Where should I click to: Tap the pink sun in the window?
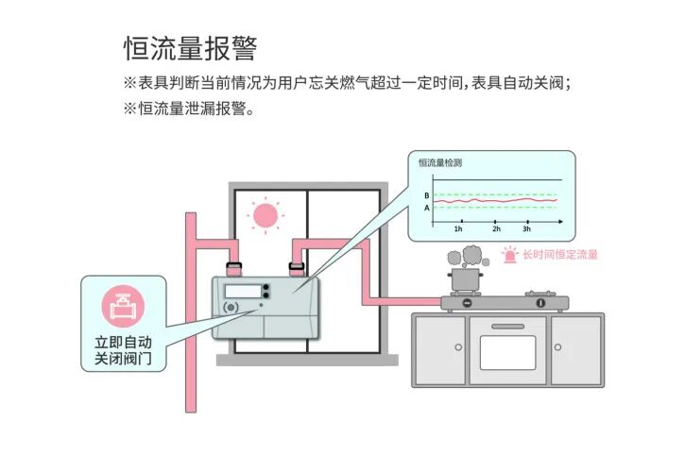pyautogui.click(x=265, y=215)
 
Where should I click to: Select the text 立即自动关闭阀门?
pyautogui.click(x=124, y=351)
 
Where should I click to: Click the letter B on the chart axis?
pyautogui.click(x=426, y=194)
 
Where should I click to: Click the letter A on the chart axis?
pyautogui.click(x=426, y=208)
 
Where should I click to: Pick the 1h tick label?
pyautogui.click(x=458, y=229)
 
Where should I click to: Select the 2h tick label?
pyautogui.click(x=496, y=229)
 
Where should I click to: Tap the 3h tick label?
pyautogui.click(x=526, y=229)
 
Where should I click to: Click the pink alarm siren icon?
pyautogui.click(x=510, y=254)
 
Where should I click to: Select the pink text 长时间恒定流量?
pyautogui.click(x=560, y=255)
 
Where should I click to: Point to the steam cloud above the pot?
pyautogui.click(x=466, y=254)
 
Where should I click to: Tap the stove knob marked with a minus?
pyautogui.click(x=465, y=303)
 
